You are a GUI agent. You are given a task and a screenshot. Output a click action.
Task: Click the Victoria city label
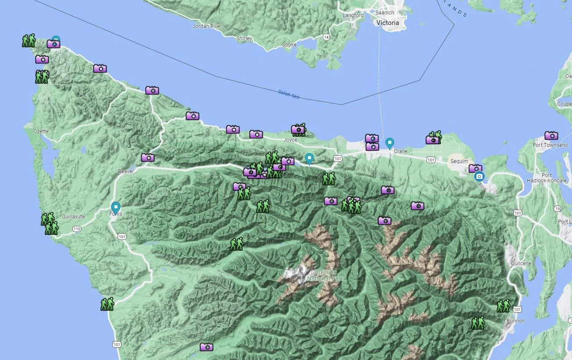point(388,23)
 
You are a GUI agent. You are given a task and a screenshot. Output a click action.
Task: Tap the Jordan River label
point(207,26)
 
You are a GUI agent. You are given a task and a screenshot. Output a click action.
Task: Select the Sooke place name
point(289,45)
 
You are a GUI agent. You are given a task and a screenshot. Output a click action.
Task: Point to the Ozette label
point(41,132)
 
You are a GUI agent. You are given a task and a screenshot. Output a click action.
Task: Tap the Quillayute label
point(73,217)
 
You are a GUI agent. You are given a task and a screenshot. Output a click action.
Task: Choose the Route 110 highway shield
point(77,229)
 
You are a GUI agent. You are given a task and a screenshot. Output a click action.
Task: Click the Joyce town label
point(290,140)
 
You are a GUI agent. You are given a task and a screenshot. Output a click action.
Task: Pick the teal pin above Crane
point(390,143)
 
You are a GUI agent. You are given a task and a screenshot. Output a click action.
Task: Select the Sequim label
point(459,161)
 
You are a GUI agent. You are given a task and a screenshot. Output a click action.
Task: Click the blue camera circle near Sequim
point(479,177)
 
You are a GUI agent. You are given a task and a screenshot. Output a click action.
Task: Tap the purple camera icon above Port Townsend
point(551,135)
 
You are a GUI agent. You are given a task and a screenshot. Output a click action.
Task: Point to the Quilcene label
point(521,264)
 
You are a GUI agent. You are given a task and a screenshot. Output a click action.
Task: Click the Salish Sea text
point(289,94)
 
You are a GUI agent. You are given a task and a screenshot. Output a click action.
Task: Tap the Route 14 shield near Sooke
point(326,37)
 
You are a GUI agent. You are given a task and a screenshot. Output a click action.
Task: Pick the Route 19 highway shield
point(557,208)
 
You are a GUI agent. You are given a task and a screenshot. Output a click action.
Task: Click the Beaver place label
point(126,171)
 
